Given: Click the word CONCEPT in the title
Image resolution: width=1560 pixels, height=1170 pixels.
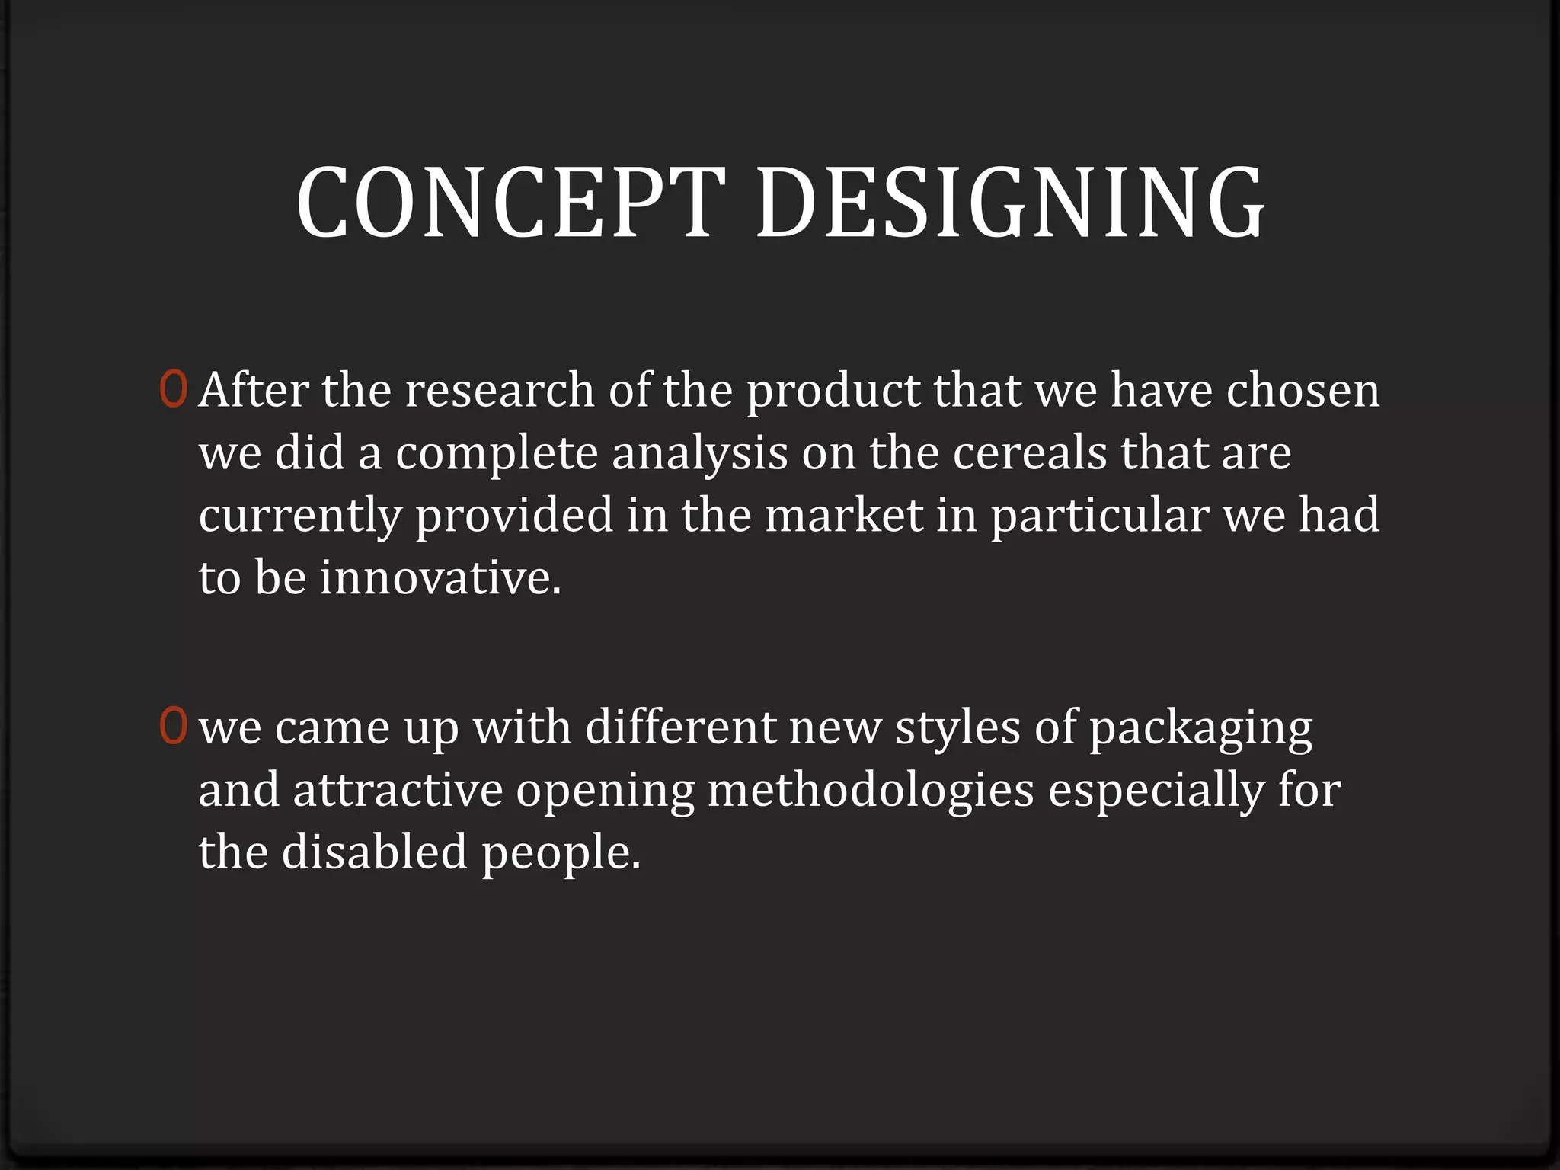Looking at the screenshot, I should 510,204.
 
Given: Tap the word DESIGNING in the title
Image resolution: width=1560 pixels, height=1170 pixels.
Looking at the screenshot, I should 1011,204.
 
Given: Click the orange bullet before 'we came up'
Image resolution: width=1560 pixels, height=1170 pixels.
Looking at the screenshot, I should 173,725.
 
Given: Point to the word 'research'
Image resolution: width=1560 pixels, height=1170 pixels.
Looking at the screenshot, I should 499,390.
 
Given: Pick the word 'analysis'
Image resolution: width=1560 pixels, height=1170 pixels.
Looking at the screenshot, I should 699,454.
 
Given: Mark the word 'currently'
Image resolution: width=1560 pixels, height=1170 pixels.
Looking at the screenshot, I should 299,516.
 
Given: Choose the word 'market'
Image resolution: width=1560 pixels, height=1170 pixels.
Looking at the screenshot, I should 844,515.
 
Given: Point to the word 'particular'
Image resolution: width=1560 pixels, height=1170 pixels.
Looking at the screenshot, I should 1099,516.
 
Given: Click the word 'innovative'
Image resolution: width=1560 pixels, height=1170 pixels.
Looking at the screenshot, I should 439,577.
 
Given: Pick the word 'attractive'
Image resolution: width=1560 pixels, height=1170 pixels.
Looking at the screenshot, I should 398,789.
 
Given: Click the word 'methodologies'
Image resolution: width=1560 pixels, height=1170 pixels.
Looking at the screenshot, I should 871,791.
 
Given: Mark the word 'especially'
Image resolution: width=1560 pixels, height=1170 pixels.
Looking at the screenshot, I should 1156,791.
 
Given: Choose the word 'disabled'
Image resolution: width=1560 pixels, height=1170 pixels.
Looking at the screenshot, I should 374,852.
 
